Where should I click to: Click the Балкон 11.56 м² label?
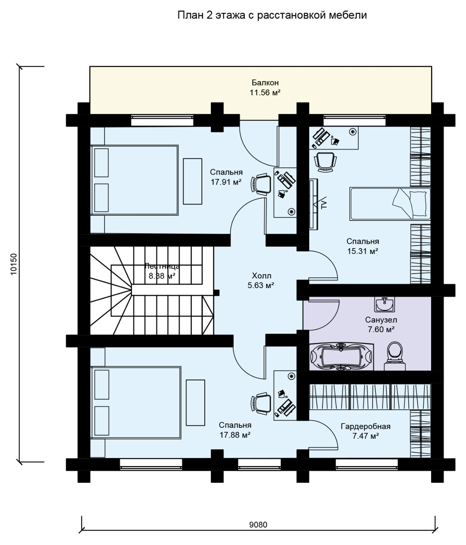click(265, 88)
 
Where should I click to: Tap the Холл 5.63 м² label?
click(261, 281)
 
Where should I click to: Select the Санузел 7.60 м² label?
click(381, 325)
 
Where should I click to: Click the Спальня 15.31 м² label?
click(362, 246)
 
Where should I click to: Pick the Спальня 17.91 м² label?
click(226, 177)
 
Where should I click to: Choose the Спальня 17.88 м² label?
click(235, 430)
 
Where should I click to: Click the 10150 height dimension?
click(14, 264)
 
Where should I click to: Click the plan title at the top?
click(272, 15)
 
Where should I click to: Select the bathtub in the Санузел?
click(341, 357)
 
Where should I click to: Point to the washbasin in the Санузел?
click(384, 304)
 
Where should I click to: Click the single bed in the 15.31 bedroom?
click(390, 204)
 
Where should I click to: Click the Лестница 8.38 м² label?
click(162, 271)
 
